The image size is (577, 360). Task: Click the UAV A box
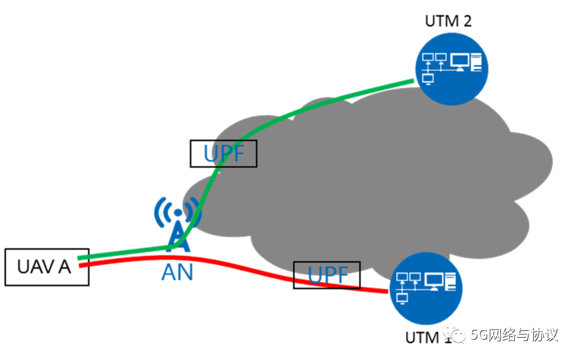(47, 267)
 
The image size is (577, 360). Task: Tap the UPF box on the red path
(327, 275)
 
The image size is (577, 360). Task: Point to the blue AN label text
(177, 273)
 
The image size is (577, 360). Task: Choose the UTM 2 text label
(447, 20)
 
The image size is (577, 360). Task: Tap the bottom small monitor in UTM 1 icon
(403, 298)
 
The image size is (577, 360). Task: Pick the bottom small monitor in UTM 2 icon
(427, 78)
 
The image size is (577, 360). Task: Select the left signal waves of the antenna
(160, 212)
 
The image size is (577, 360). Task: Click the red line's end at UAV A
(82, 265)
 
